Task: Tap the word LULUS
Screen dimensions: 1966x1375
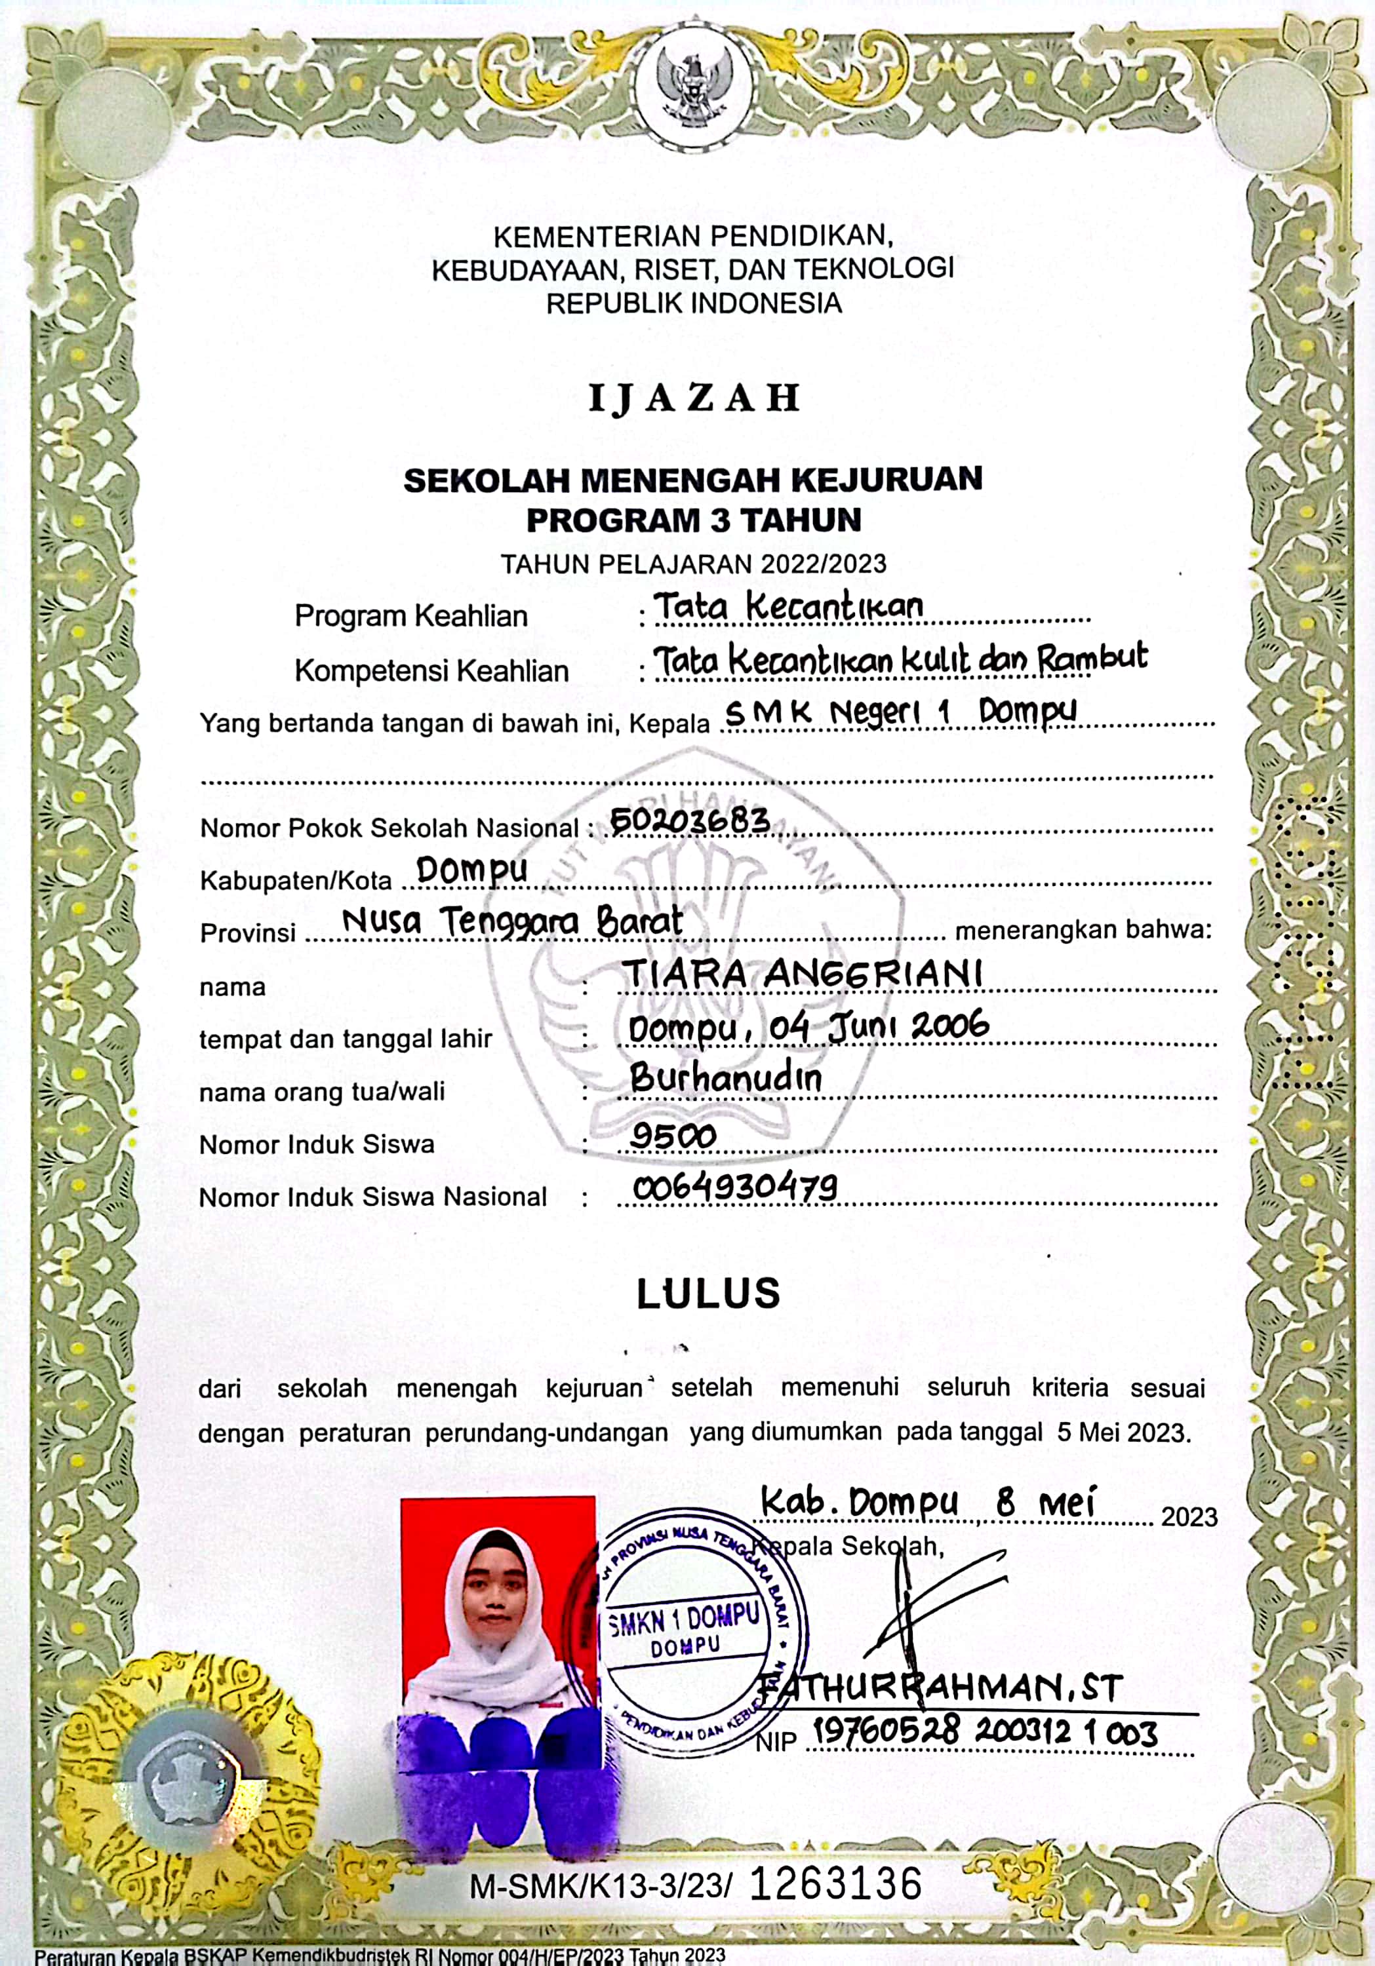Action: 709,1293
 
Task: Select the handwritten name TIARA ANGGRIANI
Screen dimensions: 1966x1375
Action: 801,974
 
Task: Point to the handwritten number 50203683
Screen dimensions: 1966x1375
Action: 690,821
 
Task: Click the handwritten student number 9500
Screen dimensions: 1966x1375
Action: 673,1136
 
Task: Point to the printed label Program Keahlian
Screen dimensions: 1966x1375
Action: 411,615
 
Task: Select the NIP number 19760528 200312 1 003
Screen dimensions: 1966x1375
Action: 986,1733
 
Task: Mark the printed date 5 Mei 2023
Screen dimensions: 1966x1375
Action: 1123,1433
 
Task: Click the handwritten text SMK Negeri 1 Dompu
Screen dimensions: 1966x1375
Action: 900,712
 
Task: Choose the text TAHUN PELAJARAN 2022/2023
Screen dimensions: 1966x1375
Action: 694,564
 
